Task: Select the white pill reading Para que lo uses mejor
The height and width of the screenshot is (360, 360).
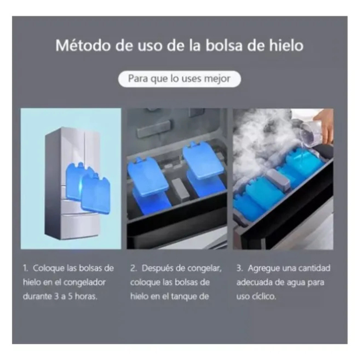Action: pyautogui.click(x=180, y=79)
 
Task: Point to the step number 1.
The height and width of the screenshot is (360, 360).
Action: pyautogui.click(x=25, y=268)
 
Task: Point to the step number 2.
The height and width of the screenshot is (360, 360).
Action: pyautogui.click(x=133, y=268)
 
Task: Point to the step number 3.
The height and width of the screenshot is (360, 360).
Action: pyautogui.click(x=239, y=268)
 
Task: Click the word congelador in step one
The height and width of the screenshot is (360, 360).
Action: pyautogui.click(x=85, y=283)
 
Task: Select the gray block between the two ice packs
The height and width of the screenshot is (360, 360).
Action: pyautogui.click(x=180, y=189)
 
